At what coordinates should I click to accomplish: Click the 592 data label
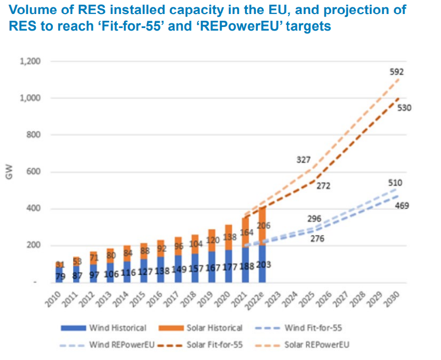396,72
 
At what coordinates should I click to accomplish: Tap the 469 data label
402,206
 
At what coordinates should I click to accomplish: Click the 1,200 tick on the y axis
31,61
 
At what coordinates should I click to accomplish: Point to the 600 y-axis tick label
34,172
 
